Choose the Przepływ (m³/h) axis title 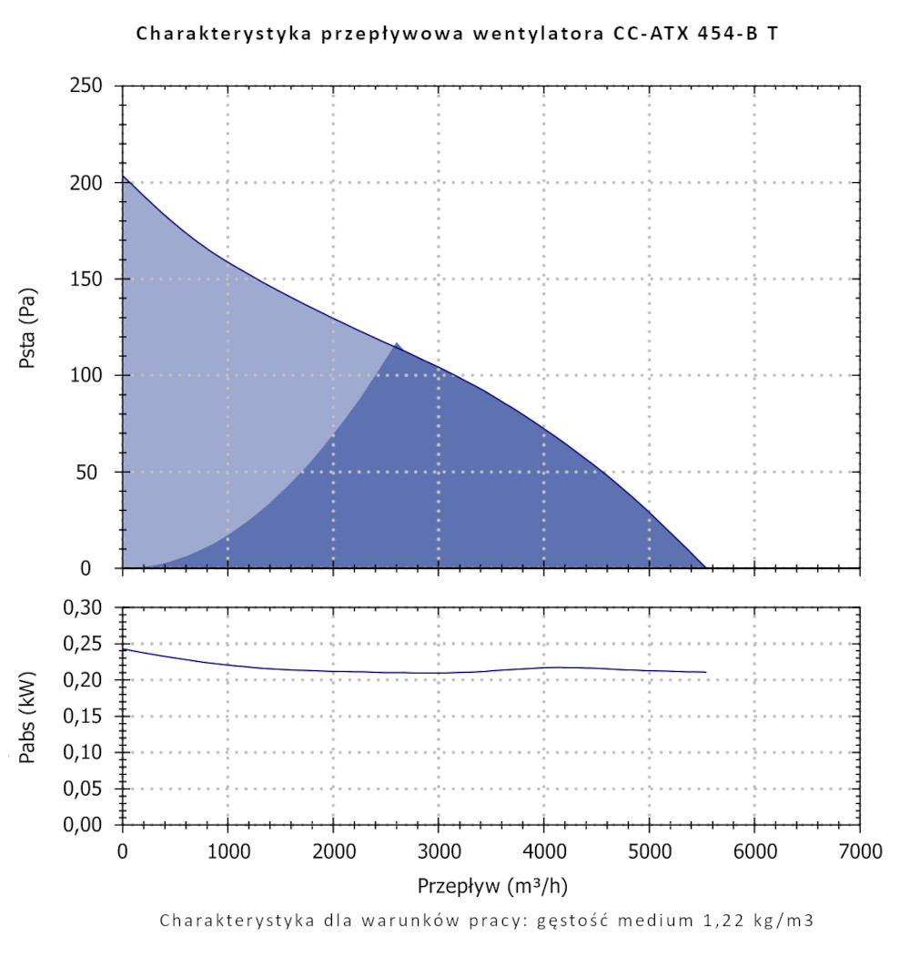(492, 885)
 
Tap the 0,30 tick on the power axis (90, 607)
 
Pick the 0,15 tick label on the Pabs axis (90, 717)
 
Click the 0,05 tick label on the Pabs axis (90, 789)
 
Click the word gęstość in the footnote (570, 920)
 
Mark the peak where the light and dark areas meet (396, 343)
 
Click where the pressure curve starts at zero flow (124, 177)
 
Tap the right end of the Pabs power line (705, 672)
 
